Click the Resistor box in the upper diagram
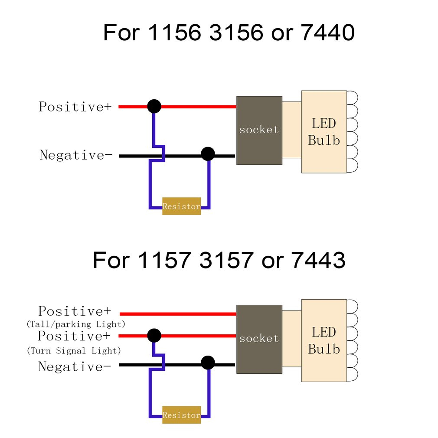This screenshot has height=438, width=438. pos(181,206)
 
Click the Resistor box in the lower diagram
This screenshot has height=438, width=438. pos(181,415)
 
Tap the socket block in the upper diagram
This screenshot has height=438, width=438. pos(259,130)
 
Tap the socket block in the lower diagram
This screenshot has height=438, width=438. pos(259,339)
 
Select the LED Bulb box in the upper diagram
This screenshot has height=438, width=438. pos(324,131)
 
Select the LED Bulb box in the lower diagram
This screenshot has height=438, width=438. pos(324,340)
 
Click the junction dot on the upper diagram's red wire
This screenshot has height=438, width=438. pos(154,106)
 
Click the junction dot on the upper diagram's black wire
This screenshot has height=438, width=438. pos(208,154)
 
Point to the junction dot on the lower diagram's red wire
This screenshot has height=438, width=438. pos(154,335)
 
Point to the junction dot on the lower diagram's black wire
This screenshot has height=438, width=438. pos(208,363)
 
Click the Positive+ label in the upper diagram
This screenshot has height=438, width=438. pos(75,107)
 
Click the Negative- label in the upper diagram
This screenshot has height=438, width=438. pos(73,155)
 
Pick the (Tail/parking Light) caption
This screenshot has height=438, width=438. pos(76,324)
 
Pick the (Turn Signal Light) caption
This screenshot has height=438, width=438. pos(74,350)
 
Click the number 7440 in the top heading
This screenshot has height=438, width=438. pos(327,33)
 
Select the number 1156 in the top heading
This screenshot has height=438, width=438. pos(175,33)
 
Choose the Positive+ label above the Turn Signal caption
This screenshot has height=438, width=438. pos(74,336)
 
